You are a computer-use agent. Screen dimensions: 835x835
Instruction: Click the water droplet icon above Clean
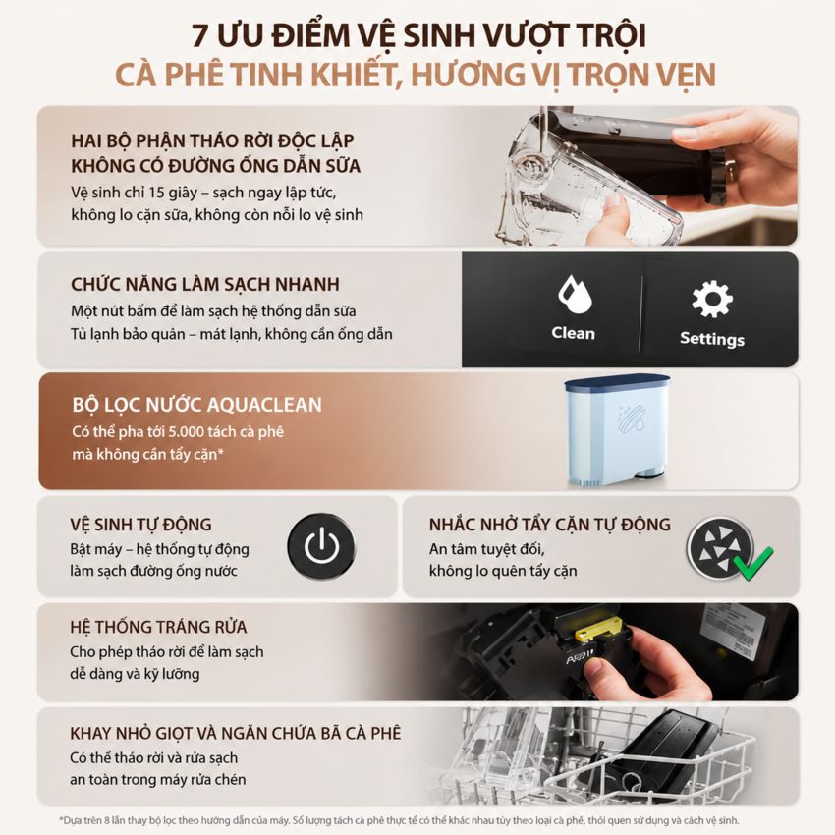(x=574, y=294)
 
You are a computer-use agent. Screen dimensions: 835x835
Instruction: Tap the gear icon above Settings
(x=712, y=300)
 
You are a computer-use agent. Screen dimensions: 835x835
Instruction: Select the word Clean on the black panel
(x=573, y=333)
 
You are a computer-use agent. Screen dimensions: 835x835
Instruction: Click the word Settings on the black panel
(x=712, y=339)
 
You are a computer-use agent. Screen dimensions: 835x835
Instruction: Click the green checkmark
(x=753, y=562)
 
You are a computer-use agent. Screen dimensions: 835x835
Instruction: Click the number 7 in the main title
(x=198, y=36)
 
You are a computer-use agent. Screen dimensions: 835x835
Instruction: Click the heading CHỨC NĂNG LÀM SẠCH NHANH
(x=205, y=284)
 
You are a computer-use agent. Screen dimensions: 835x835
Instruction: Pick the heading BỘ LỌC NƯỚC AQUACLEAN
(x=197, y=405)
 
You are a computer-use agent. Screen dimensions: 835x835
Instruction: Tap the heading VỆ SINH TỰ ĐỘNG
(x=140, y=524)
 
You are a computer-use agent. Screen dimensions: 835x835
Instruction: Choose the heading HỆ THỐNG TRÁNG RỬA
(x=158, y=627)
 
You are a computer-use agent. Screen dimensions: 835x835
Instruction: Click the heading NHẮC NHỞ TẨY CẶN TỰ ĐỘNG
(x=549, y=524)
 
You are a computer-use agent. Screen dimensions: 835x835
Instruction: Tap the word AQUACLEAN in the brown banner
(x=264, y=405)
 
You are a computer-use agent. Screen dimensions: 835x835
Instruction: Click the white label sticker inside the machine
(x=733, y=632)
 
